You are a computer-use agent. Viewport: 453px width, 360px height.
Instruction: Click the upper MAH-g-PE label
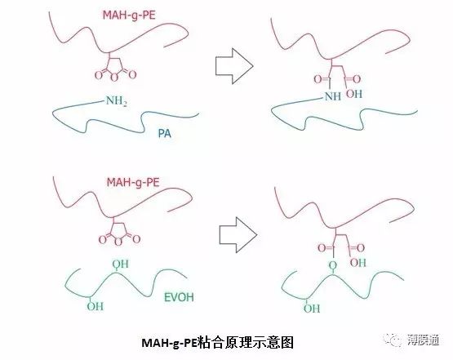pyautogui.click(x=129, y=15)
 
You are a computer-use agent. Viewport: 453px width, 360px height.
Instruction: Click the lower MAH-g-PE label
pyautogui.click(x=133, y=182)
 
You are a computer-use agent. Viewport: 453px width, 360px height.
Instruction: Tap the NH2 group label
pyautogui.click(x=117, y=101)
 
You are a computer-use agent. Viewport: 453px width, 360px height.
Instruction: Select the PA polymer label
pyautogui.click(x=164, y=133)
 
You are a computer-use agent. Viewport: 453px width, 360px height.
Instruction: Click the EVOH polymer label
pyautogui.click(x=179, y=297)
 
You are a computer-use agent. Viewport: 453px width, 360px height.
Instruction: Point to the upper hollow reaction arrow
pyautogui.click(x=234, y=66)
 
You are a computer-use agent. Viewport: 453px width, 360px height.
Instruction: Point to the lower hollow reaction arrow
pyautogui.click(x=238, y=235)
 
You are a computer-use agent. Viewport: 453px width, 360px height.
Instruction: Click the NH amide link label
pyautogui.click(x=333, y=96)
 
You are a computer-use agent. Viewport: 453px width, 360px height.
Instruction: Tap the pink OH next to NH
pyautogui.click(x=354, y=94)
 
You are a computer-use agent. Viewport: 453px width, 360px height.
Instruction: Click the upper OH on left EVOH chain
pyautogui.click(x=121, y=264)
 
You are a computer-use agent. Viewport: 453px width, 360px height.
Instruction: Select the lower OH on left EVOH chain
pyautogui.click(x=95, y=306)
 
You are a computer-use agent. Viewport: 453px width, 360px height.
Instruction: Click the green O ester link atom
pyautogui.click(x=333, y=265)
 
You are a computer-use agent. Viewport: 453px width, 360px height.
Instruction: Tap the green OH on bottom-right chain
pyautogui.click(x=312, y=309)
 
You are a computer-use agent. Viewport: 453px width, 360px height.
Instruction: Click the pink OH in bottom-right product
pyautogui.click(x=358, y=263)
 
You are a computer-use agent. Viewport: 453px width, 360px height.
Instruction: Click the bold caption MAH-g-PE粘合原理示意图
pyautogui.click(x=217, y=343)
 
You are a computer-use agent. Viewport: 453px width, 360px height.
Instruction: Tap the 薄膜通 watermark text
pyautogui.click(x=424, y=340)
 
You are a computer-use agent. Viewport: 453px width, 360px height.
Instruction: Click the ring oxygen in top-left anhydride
pyautogui.click(x=115, y=78)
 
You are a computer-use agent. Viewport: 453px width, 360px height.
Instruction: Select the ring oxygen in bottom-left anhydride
pyautogui.click(x=118, y=242)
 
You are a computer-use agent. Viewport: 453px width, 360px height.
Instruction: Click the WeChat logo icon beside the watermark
pyautogui.click(x=393, y=340)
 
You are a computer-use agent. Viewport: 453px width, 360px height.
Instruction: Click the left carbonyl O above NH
pyautogui.click(x=318, y=79)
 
